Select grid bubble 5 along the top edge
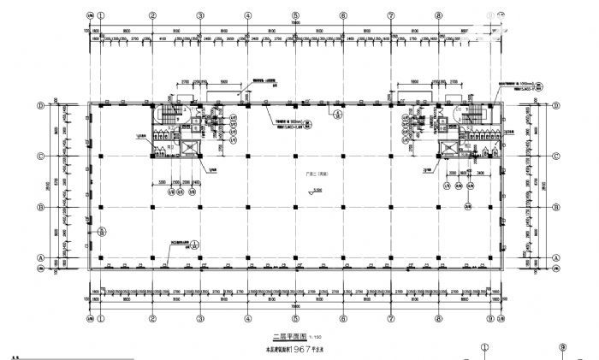294,15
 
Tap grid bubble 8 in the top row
438,15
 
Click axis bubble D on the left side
40,106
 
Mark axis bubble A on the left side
40,257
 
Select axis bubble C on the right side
556,156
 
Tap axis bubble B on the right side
556,207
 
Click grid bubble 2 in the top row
151,15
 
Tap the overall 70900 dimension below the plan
295,305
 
